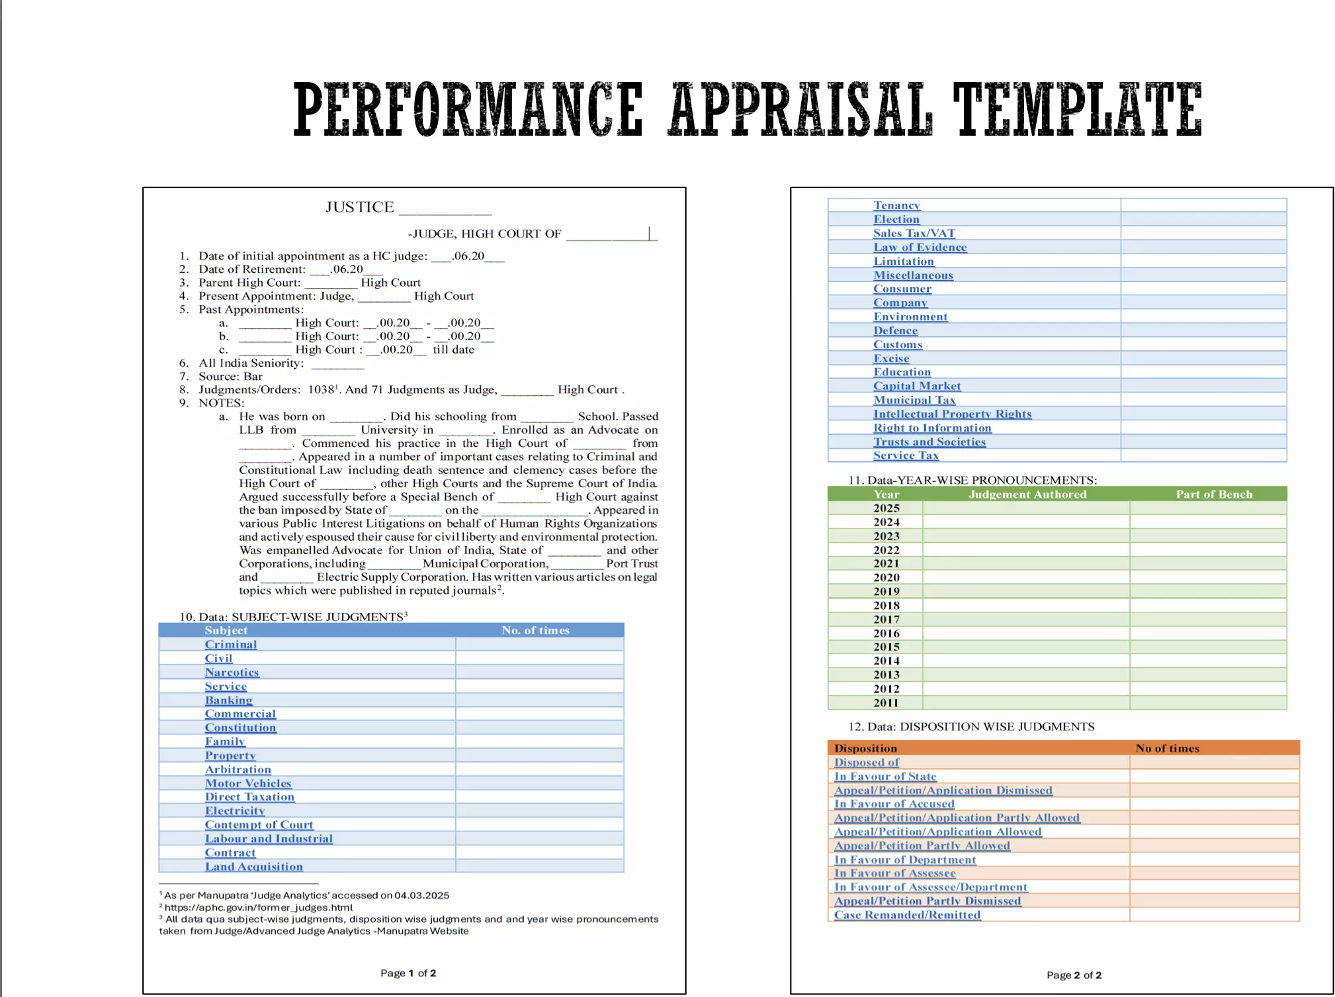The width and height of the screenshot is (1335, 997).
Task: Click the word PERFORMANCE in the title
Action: click(468, 109)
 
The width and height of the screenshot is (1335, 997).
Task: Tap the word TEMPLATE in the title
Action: click(1076, 109)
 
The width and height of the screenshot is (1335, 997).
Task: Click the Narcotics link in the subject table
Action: click(232, 673)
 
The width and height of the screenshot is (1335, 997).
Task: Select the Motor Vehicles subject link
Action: click(248, 783)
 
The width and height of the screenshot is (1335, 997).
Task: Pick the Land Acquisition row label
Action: click(253, 867)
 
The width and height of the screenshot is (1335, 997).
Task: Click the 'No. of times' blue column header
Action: click(535, 630)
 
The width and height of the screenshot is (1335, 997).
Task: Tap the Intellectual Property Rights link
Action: click(952, 414)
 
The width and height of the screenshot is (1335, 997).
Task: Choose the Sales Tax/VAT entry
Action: click(914, 233)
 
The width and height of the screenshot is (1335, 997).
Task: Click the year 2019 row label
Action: click(886, 591)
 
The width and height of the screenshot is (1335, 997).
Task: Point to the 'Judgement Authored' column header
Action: click(1027, 494)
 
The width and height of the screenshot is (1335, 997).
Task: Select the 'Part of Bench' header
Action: click(1214, 494)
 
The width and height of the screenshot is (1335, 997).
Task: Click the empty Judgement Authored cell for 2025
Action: click(1026, 508)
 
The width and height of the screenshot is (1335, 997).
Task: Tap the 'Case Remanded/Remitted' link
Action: click(907, 915)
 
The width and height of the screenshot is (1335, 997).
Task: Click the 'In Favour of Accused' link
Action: click(894, 804)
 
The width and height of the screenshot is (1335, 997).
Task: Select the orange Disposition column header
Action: click(865, 748)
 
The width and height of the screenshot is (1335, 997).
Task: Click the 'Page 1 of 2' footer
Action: click(408, 973)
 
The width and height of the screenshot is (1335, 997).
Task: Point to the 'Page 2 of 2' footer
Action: click(1074, 975)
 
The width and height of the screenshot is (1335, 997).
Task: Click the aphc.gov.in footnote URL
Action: click(258, 908)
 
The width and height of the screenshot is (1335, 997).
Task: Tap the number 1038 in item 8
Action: click(321, 390)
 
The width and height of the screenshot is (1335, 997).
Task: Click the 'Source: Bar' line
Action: click(230, 377)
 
